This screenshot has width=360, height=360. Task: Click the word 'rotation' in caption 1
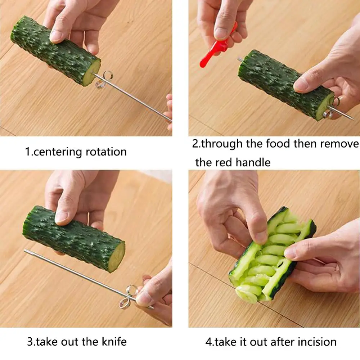(x=106, y=152)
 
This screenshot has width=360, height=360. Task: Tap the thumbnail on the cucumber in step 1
(x=56, y=36)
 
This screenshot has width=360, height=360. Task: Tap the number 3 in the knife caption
(x=30, y=341)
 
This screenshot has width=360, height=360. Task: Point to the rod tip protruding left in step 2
(x=239, y=59)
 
